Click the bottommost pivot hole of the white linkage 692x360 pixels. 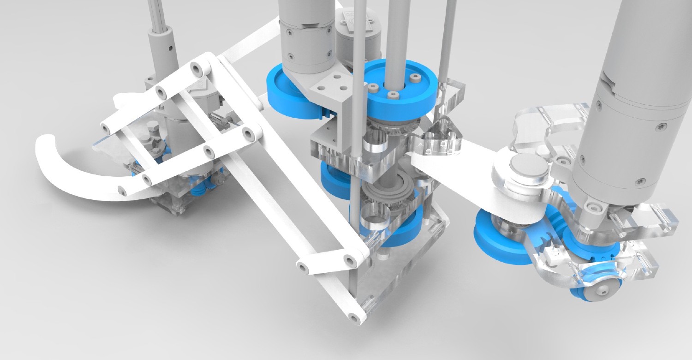354,318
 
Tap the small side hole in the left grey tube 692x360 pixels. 171,46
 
